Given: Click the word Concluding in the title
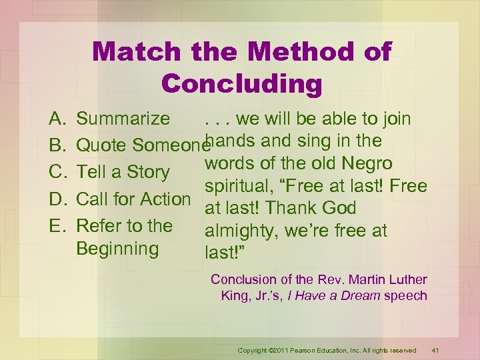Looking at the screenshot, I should (241, 84).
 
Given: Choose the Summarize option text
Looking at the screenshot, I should (123, 119).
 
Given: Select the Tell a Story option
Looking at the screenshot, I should (123, 172).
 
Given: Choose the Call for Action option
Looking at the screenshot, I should (133, 199).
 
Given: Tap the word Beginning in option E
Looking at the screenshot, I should (117, 249).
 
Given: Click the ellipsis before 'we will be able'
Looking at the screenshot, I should (217, 119).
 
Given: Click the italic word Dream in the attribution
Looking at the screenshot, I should (358, 295).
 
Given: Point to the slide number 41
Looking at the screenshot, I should (435, 350).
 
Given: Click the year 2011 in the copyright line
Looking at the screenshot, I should (281, 350).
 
